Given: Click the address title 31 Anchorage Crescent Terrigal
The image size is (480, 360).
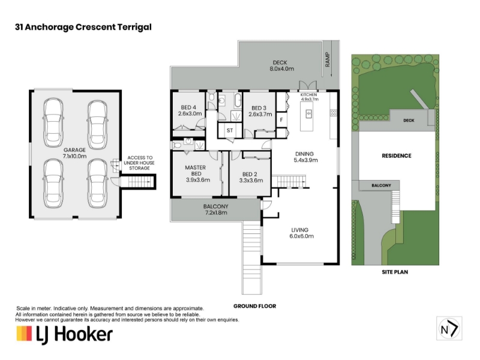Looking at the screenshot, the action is coord(83,27).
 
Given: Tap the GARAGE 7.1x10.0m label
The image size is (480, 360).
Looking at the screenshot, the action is coord(74,153).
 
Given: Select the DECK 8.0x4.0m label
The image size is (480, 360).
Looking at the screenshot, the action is coord(281,66).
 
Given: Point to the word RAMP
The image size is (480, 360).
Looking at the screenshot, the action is coord(328,59).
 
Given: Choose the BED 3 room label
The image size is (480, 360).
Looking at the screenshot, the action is coord(260,111).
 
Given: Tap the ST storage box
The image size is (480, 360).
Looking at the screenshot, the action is coord(230,130).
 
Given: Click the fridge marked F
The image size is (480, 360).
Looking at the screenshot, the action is coord(281,120).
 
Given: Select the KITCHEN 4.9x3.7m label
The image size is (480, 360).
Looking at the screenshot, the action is coord(309,97).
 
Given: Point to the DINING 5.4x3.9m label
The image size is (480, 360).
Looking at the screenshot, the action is coord(305,157).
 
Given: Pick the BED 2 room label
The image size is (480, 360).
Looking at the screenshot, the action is coord(251,177).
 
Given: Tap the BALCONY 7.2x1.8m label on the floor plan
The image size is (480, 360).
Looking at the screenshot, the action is coord(216,209).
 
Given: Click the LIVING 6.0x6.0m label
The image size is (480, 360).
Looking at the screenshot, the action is coord(301,233).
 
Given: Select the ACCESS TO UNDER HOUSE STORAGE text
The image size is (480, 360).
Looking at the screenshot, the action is coord(139,163).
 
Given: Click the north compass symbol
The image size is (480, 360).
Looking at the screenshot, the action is coord(449,328).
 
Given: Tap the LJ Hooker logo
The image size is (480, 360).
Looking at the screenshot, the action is coord(64,335).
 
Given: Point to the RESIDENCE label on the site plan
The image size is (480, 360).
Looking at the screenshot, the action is coord(397,156).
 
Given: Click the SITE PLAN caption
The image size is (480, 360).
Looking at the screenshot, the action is coord(395,272).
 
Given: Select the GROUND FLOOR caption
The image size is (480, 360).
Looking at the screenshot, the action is coord(254,306).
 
